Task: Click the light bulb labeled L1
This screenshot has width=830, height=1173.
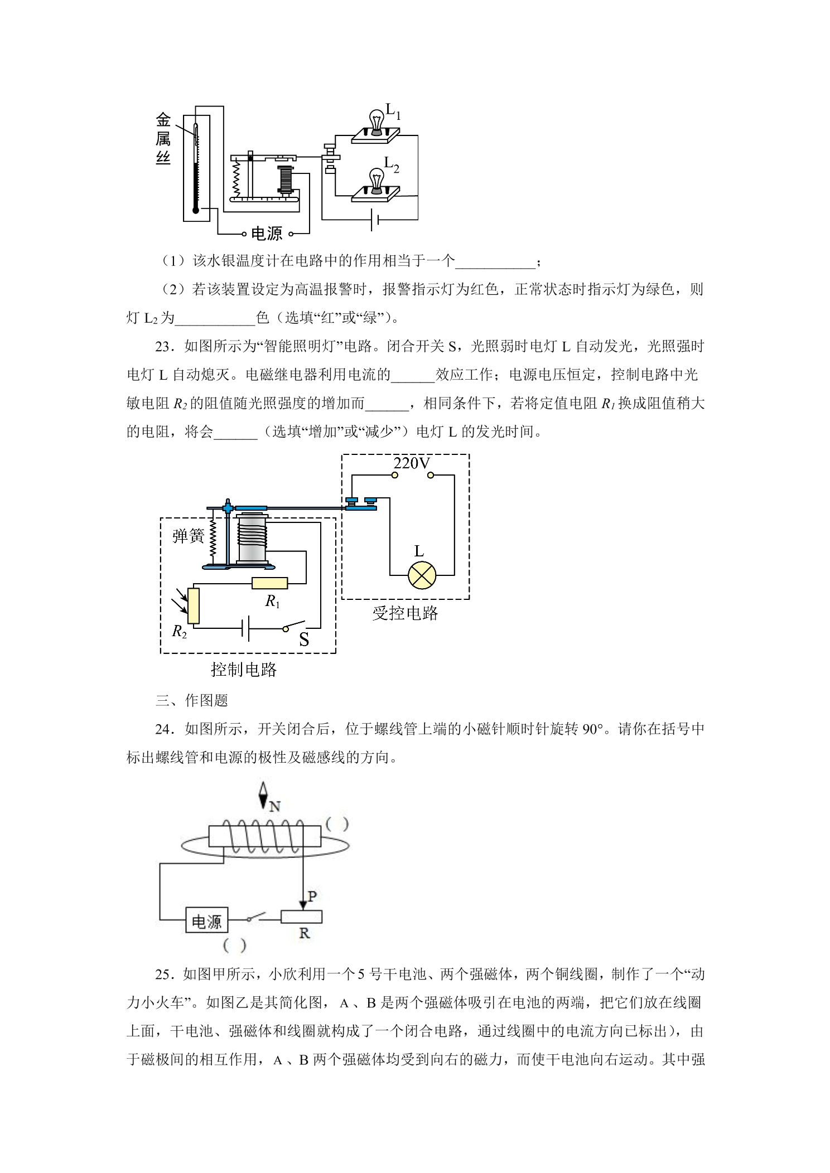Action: pyautogui.click(x=377, y=122)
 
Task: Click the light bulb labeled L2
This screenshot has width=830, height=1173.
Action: pyautogui.click(x=377, y=181)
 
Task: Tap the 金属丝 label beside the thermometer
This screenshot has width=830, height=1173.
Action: pyautogui.click(x=163, y=139)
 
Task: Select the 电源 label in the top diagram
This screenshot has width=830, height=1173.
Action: pyautogui.click(x=267, y=234)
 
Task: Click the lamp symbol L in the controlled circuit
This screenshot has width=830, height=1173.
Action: pyautogui.click(x=422, y=575)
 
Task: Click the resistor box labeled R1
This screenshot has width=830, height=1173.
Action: pyautogui.click(x=270, y=583)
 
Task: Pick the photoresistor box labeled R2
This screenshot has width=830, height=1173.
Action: pyautogui.click(x=194, y=605)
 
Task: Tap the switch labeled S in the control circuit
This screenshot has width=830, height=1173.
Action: pyautogui.click(x=295, y=626)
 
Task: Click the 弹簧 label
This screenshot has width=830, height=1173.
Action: pyautogui.click(x=189, y=536)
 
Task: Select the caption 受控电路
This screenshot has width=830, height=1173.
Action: pyautogui.click(x=405, y=613)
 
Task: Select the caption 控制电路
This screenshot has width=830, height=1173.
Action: pyautogui.click(x=244, y=669)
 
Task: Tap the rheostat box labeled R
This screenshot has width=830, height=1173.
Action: pyautogui.click(x=301, y=917)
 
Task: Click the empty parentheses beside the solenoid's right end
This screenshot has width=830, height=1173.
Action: pyautogui.click(x=337, y=824)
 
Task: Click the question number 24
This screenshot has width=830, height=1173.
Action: pyautogui.click(x=164, y=729)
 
